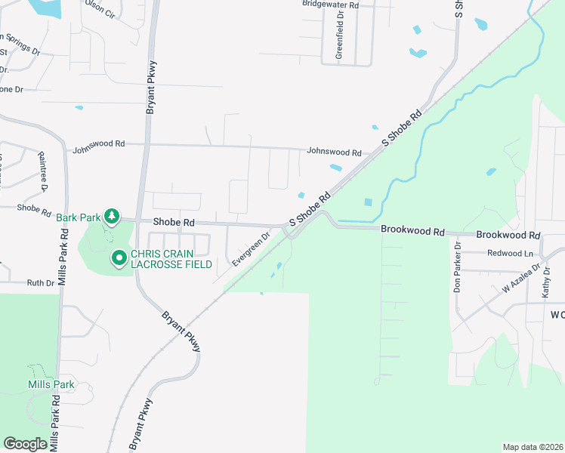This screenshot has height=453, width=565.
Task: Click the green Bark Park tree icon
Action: click(x=112, y=217)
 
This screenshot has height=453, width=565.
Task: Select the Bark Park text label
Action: click(x=79, y=217)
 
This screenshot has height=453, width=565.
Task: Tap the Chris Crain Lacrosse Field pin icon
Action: click(x=119, y=259)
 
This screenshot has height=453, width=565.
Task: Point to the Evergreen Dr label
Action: click(x=252, y=248)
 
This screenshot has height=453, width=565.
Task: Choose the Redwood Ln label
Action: click(x=511, y=253)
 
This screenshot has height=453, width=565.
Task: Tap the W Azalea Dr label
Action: click(x=521, y=277)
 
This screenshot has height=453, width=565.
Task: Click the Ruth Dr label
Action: click(x=41, y=283)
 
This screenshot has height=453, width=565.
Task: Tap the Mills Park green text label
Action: click(x=51, y=384)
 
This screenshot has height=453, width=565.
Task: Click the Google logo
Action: click(x=25, y=443)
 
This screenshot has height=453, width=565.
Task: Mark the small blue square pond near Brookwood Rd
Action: click(x=368, y=202)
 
